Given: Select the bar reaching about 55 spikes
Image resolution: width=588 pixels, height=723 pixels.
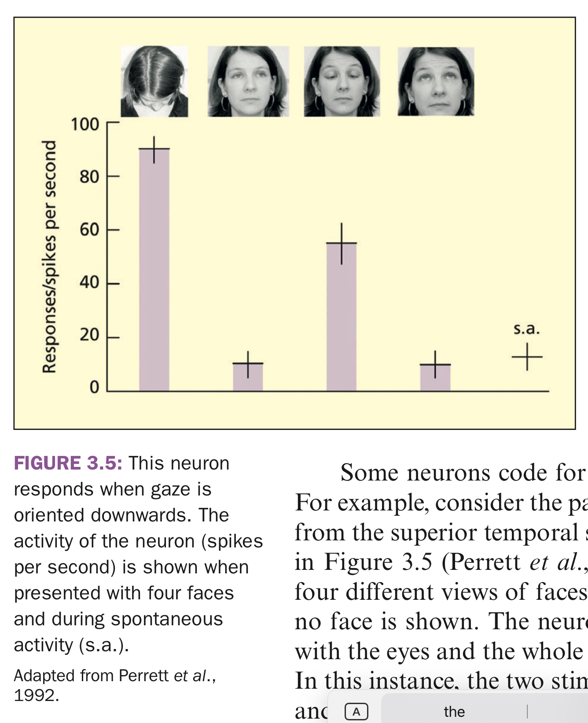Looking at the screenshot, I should [342, 317].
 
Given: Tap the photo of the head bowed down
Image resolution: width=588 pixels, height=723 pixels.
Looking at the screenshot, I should [154, 81].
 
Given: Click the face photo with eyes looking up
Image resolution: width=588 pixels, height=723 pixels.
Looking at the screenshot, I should [436, 81].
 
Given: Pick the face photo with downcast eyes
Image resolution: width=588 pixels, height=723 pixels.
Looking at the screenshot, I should [342, 81].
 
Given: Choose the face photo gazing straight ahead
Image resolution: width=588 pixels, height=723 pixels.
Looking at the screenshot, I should [248, 81].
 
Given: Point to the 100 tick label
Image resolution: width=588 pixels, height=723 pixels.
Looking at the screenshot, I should [85, 125].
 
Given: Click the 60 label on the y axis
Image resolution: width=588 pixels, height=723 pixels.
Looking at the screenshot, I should [89, 229].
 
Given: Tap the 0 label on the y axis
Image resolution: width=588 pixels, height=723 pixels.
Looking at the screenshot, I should [94, 387].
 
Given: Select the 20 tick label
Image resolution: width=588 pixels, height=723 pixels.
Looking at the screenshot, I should [89, 335].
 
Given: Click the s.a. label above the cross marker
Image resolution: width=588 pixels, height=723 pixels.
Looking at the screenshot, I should [526, 329].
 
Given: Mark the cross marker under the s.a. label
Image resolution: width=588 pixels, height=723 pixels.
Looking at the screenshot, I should [527, 356].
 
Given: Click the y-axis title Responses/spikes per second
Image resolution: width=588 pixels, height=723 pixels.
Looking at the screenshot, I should [49, 256].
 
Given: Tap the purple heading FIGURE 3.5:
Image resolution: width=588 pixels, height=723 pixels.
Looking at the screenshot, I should [68, 463].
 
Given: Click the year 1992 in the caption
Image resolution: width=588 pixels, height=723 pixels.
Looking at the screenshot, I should [36, 695].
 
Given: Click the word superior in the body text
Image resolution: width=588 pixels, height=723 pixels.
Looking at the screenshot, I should [437, 532].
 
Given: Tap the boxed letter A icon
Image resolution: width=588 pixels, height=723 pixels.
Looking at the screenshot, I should [356, 711].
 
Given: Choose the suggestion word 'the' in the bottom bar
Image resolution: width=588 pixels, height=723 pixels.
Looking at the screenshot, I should [454, 711].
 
